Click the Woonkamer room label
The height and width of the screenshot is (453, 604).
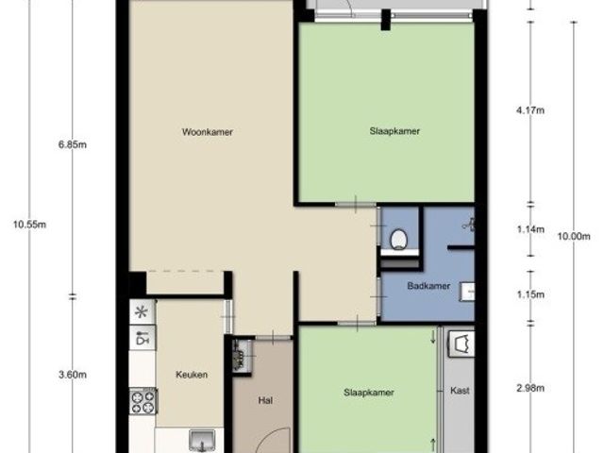[x=208, y=132]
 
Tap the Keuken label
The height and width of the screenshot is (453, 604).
[x=192, y=375]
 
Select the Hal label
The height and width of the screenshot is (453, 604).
[x=265, y=400]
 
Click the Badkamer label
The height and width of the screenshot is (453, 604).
[x=428, y=286]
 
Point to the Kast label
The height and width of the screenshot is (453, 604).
[x=460, y=391]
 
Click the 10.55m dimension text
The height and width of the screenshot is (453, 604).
[x=29, y=225]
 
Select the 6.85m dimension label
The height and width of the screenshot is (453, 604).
[x=73, y=145]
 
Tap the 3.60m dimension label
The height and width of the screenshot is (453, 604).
[x=73, y=375]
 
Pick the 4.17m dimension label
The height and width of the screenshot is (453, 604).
[x=530, y=110]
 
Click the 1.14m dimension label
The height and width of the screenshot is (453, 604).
[x=530, y=229]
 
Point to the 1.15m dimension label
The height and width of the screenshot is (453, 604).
[x=530, y=294]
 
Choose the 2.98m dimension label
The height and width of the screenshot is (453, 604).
[x=530, y=388]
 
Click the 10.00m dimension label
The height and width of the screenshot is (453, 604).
[x=574, y=237]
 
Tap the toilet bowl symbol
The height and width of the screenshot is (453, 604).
[x=398, y=240]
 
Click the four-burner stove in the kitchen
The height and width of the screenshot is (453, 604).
[x=143, y=402]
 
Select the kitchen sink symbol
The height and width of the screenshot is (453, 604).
[x=202, y=441]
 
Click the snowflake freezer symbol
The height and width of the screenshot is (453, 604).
[x=143, y=311]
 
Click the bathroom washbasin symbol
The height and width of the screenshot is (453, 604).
[x=467, y=292]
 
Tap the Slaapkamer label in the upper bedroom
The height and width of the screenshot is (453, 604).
[x=394, y=131]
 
